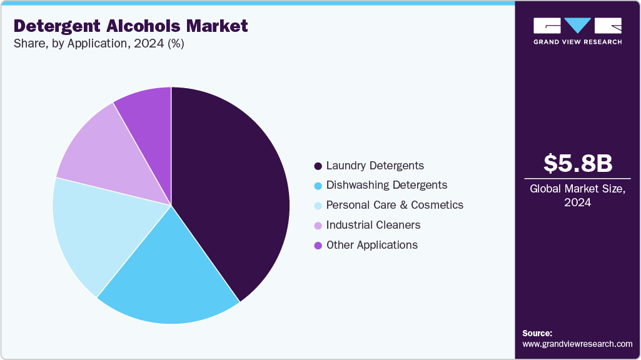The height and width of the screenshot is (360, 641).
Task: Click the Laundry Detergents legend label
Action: (375, 166)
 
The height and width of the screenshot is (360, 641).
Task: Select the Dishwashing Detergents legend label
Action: (386, 185)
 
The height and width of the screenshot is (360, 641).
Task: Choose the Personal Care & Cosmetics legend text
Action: (395, 205)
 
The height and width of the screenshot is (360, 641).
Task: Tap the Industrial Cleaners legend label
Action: (373, 225)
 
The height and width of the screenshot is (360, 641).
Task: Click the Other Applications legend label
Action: (371, 245)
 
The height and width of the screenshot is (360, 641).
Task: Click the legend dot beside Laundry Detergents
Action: (318, 166)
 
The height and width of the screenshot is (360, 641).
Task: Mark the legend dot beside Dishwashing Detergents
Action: (318, 186)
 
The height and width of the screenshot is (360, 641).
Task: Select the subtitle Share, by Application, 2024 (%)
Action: (99, 44)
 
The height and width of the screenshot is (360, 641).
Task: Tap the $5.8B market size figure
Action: (577, 163)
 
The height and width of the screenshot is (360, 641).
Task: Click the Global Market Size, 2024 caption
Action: (577, 195)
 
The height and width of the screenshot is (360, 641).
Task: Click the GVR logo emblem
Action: (577, 26)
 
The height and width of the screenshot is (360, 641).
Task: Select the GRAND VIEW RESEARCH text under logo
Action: (577, 42)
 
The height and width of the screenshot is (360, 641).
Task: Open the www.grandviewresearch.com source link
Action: (577, 344)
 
